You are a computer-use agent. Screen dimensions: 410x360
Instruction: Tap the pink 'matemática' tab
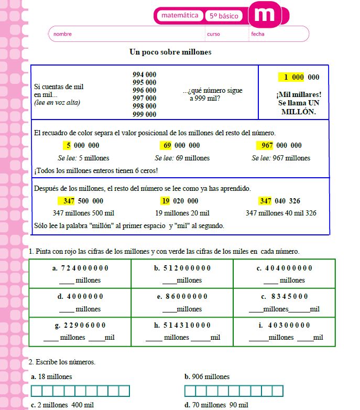click(180, 16)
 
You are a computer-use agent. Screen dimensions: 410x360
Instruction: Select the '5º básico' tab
click(224, 16)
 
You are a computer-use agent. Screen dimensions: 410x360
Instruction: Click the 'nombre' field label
click(62, 34)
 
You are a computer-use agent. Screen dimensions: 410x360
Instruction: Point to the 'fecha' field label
click(258, 34)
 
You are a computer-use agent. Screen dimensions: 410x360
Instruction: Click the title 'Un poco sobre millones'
click(170, 52)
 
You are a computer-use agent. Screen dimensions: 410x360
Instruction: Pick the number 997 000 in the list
click(144, 98)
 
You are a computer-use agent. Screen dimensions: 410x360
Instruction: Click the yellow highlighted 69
click(167, 145)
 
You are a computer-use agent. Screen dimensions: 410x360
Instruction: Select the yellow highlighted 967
click(266, 145)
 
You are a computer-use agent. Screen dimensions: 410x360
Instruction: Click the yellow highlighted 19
click(165, 201)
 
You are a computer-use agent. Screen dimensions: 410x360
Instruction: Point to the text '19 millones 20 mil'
click(182, 213)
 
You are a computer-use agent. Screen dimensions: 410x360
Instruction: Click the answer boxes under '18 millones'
click(80, 391)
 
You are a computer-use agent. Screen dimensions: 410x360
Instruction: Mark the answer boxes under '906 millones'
click(234, 391)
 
